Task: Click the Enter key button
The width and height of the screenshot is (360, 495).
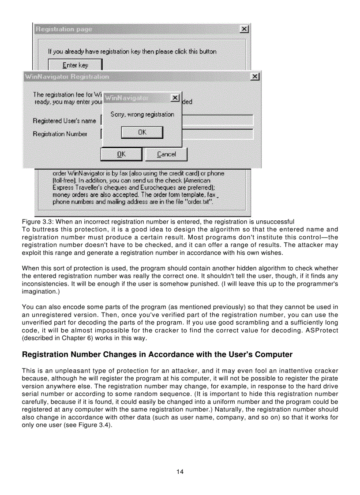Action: click(x=75, y=65)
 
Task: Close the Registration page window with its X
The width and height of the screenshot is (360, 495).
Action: click(x=244, y=29)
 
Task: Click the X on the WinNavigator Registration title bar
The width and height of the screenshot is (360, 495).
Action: click(x=255, y=77)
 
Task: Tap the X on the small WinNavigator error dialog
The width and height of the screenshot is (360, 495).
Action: click(x=175, y=97)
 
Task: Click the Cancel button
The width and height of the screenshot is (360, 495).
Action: click(x=166, y=154)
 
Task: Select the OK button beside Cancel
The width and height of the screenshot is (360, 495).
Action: click(x=121, y=154)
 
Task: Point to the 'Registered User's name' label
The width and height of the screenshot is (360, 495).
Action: click(x=64, y=120)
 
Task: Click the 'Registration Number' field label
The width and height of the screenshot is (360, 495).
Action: click(x=60, y=134)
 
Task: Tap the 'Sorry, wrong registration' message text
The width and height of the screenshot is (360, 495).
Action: click(x=142, y=114)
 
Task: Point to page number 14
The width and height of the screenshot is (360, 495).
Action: click(x=180, y=472)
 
